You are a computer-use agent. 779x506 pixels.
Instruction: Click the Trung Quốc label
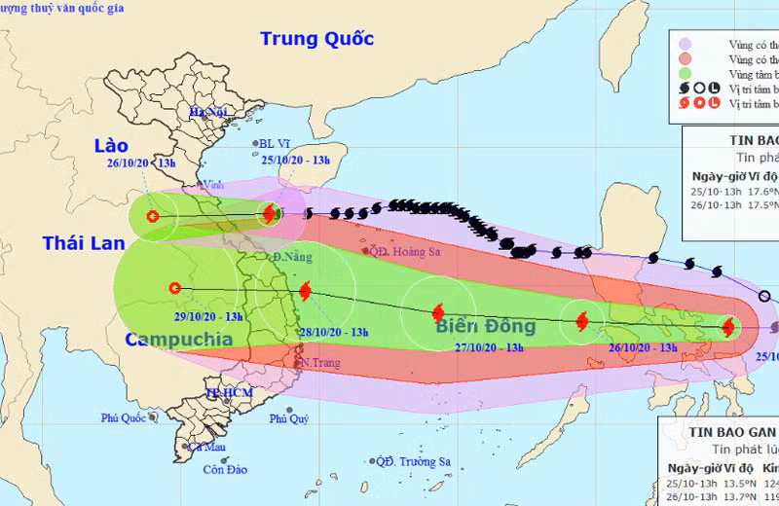coord(316,39)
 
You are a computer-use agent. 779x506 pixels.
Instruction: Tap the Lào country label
coord(111,145)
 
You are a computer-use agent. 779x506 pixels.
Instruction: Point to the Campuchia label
coord(178,340)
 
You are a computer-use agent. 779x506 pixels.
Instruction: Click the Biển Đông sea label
coord(486,327)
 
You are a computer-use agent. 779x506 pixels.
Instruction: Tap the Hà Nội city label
coord(208,113)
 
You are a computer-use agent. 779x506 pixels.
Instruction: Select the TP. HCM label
coord(229,392)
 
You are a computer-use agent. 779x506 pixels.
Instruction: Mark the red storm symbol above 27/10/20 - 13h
coord(437,312)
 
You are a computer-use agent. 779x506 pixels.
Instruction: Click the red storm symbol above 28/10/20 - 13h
coord(306,290)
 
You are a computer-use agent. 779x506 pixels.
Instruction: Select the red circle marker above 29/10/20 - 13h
coord(174,287)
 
